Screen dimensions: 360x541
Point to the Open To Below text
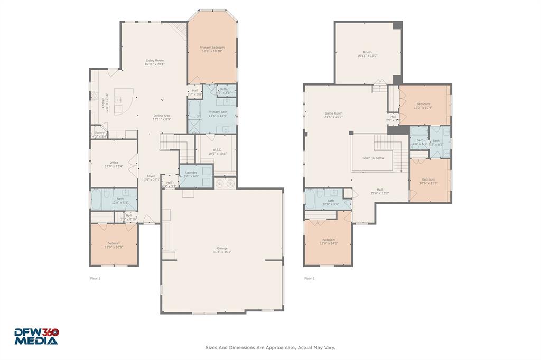point(373,158)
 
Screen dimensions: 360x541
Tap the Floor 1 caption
point(95,278)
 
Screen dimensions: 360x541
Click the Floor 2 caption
point(309,278)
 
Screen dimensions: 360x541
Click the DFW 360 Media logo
point(36,336)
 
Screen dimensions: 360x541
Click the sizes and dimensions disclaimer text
point(270,347)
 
